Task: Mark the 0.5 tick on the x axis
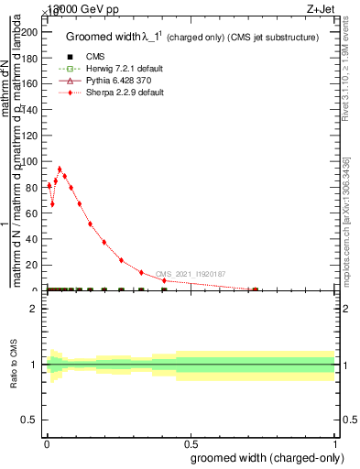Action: [x=191, y=442]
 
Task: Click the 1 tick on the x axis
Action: [x=334, y=442]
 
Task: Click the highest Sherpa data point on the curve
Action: [x=60, y=169]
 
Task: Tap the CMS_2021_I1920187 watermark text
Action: [x=191, y=274]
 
